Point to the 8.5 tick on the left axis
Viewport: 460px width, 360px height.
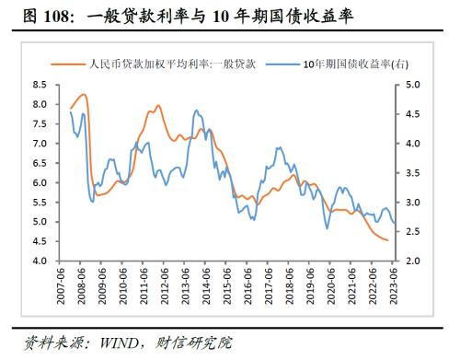[x=40, y=85]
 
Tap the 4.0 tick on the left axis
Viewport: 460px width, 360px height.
[x=40, y=261]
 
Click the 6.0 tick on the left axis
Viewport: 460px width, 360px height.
[x=40, y=183]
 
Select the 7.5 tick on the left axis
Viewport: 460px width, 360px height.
[x=40, y=124]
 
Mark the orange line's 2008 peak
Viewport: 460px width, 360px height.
[x=84, y=94]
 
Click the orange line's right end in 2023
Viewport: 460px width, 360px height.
[x=386, y=240]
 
